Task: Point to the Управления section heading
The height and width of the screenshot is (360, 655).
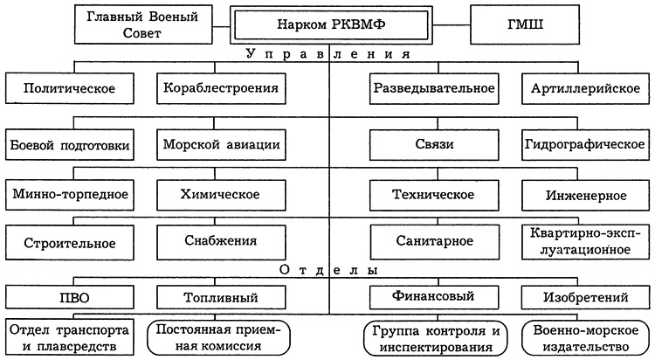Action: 327,54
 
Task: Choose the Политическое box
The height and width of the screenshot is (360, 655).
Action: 71,88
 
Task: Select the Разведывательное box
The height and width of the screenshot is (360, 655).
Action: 434,88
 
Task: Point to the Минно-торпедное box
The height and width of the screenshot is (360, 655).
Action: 71,192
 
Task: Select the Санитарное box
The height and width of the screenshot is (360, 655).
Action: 434,241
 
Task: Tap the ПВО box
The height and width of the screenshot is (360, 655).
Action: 71,297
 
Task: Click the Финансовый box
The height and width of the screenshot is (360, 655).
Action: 434,297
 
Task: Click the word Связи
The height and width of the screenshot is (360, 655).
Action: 434,143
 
